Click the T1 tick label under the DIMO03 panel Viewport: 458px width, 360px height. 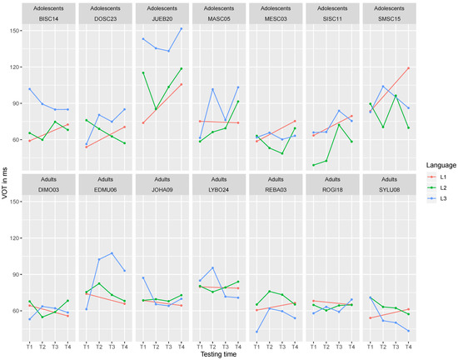(x=29, y=343)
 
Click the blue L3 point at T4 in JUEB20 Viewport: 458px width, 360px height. (x=182, y=29)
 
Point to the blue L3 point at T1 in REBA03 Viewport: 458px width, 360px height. (x=256, y=332)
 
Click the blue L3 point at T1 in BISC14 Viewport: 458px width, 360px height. (x=29, y=89)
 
